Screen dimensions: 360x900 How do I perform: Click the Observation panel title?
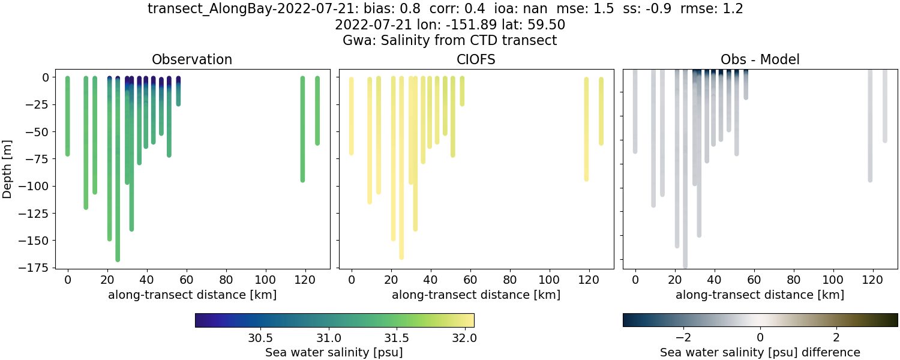[x=192, y=59]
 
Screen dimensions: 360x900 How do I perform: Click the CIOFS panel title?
[x=476, y=59]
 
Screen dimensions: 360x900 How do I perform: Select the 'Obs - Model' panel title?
[x=760, y=59]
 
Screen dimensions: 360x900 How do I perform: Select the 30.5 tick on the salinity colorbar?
[x=261, y=338]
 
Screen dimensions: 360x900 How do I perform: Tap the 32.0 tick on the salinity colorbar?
[x=463, y=338]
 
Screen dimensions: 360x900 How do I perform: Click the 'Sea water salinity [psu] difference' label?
[x=760, y=352]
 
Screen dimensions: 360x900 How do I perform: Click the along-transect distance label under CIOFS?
[x=476, y=295]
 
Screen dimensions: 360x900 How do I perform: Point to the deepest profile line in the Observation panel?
[x=118, y=180]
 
